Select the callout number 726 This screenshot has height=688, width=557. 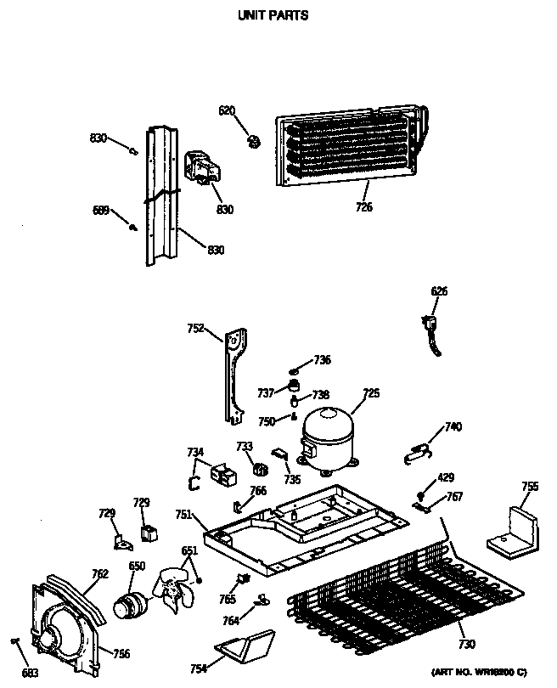click(363, 207)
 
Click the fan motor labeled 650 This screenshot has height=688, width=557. click(130, 605)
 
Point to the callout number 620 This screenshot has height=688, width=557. click(227, 110)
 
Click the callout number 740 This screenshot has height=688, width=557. click(453, 426)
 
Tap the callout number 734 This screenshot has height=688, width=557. click(195, 452)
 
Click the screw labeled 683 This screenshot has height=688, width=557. click(15, 640)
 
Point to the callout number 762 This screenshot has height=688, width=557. click(100, 573)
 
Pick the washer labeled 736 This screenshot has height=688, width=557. click(295, 369)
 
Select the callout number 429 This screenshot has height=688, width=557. click(446, 480)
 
